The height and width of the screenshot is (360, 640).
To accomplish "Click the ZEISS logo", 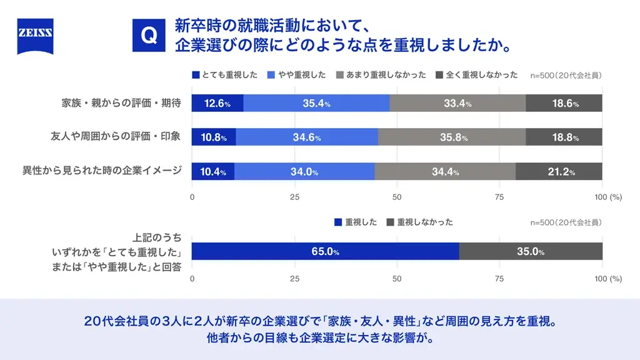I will [x=35, y=36].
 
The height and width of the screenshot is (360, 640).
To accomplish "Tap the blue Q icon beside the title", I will [x=149, y=36].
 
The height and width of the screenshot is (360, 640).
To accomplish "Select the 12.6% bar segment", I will [x=217, y=104].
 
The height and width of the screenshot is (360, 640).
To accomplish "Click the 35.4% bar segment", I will [x=316, y=104].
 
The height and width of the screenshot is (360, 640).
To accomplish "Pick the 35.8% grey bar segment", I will [x=452, y=137].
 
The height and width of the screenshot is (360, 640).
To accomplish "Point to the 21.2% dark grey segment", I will [x=559, y=172].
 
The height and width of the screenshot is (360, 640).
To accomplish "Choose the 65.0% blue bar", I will [x=325, y=252].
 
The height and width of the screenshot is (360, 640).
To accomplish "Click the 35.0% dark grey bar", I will [x=531, y=252].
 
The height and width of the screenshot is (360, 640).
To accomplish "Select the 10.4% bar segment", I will [x=213, y=172].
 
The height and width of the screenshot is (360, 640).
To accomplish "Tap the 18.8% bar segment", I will [x=564, y=137].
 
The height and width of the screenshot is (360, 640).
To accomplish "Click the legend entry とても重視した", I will [x=225, y=75].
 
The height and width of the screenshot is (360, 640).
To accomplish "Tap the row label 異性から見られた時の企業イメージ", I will [x=102, y=172].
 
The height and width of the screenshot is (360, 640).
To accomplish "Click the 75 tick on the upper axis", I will [x=499, y=197].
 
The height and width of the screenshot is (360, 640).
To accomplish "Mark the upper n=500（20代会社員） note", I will [x=566, y=76].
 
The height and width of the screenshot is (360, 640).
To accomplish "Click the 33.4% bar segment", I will [x=457, y=104].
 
